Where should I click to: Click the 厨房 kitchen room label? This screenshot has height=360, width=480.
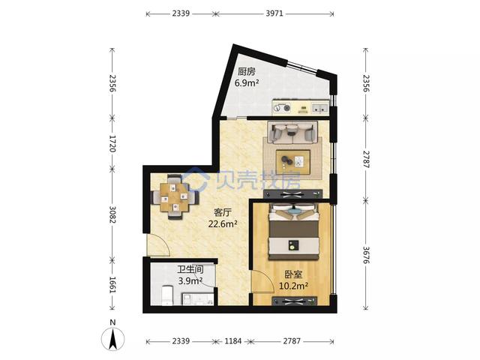point(247,72)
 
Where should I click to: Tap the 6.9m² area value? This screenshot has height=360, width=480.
point(247,82)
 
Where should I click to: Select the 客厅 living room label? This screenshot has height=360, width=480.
point(223,212)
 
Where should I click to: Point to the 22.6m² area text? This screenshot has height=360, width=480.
point(223,223)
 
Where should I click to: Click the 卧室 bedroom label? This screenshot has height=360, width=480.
point(293,274)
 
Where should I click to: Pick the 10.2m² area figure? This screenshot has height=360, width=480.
point(293,286)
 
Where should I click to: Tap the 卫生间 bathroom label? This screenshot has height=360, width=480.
point(190,269)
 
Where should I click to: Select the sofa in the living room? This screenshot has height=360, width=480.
point(292,132)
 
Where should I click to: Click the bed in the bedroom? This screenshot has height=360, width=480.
point(294,232)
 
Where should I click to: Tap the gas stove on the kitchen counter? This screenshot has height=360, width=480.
point(282,108)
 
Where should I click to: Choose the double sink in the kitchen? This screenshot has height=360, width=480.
point(320,108)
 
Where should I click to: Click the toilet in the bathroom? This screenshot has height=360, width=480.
point(167,295)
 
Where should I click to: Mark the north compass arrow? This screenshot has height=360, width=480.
point(113,339)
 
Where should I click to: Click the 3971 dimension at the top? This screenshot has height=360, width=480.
point(274,13)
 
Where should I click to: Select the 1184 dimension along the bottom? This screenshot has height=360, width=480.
point(233,340)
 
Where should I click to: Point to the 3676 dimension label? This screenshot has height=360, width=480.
point(367,255)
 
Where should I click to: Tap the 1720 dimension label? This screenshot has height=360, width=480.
point(112,143)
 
